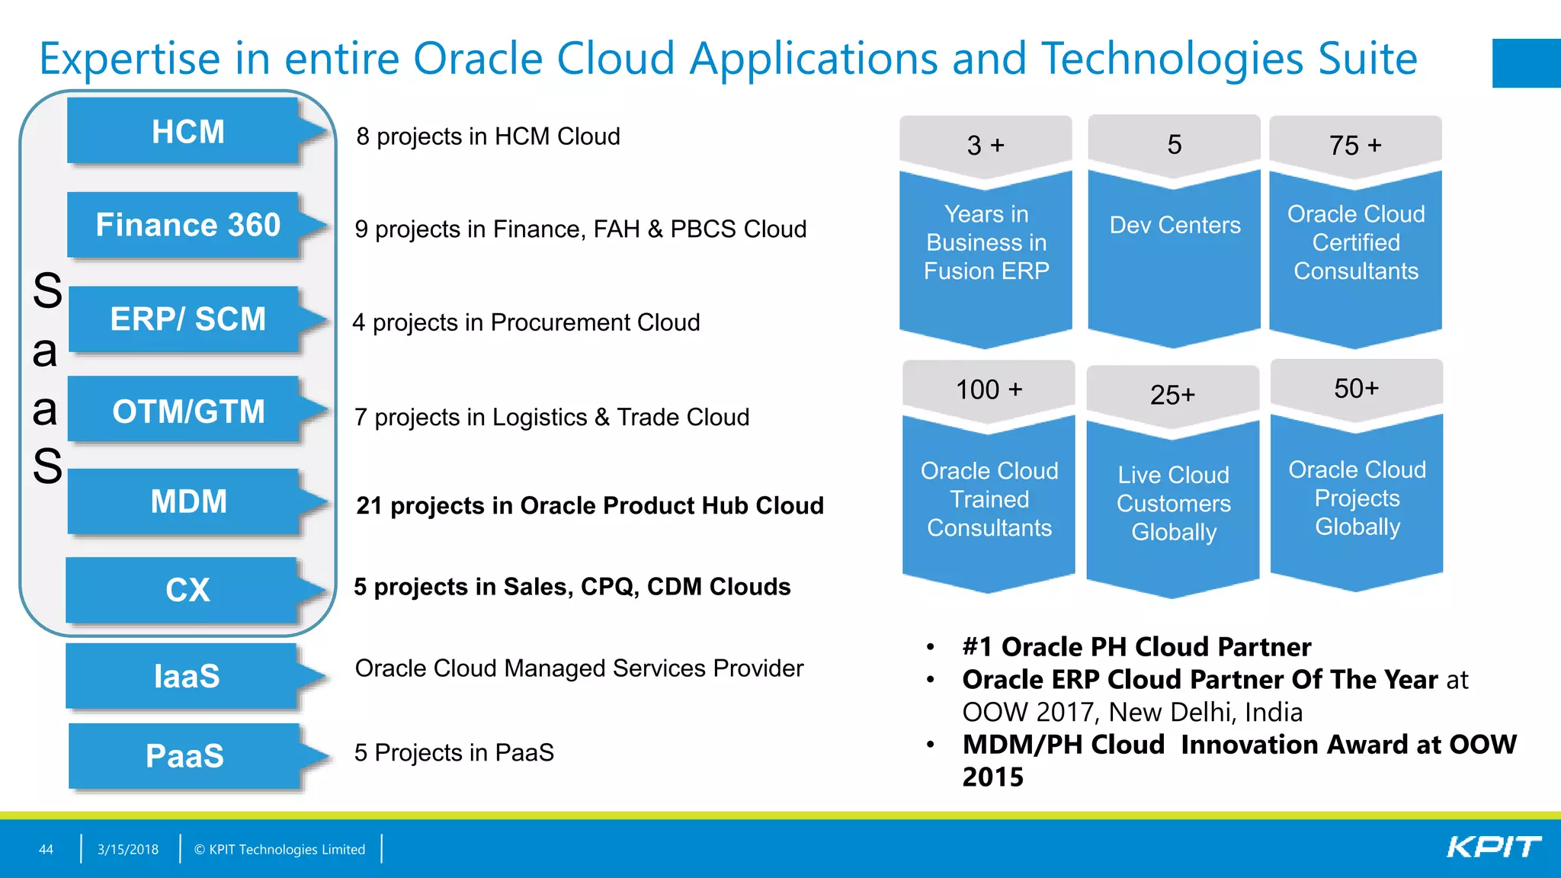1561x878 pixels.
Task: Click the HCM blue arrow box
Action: click(188, 132)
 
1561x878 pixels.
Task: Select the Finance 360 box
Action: click(188, 226)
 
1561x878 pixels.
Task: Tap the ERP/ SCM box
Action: click(188, 319)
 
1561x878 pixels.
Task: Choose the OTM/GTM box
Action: click(188, 412)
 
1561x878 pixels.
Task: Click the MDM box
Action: click(188, 501)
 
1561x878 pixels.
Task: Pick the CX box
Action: click(188, 590)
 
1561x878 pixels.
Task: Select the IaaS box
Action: click(187, 677)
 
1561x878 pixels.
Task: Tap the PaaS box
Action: click(185, 756)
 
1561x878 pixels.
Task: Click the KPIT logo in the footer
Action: click(1493, 848)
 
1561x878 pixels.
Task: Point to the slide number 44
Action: click(46, 849)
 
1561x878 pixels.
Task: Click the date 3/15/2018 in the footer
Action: click(128, 849)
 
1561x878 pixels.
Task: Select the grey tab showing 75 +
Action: click(1355, 145)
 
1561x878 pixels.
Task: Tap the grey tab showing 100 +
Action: click(989, 389)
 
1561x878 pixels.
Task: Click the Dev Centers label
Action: click(1175, 226)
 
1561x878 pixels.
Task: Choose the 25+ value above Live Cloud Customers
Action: click(1172, 395)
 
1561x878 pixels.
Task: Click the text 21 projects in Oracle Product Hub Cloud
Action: click(590, 505)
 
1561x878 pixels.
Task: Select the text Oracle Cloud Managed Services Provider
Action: click(579, 668)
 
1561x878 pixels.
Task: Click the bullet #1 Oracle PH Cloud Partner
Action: click(1136, 647)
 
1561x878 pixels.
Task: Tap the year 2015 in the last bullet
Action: click(992, 777)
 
